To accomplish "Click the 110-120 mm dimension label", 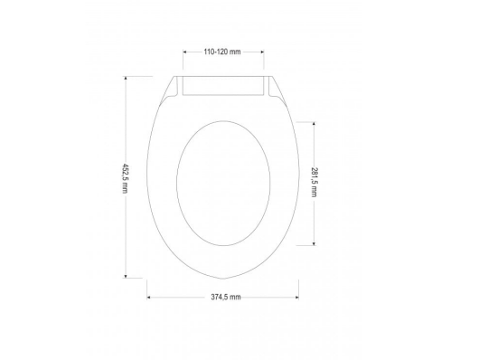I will [223, 52].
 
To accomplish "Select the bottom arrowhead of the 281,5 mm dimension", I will [313, 243].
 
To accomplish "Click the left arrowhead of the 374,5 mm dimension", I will [147, 295].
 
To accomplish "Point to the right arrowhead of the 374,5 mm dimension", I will [298, 295].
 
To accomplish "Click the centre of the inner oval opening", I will [222, 184].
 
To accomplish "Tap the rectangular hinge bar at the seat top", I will [223, 87].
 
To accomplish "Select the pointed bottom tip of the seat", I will [223, 277].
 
